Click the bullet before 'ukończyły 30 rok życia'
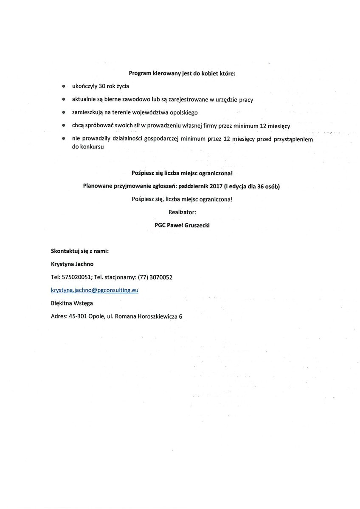coord(63,87)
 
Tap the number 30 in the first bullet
coord(102,86)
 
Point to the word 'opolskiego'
coord(184,113)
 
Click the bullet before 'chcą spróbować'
coord(63,126)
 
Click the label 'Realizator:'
coord(182,212)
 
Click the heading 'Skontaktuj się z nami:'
coord(80,251)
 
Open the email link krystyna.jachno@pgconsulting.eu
coord(95,290)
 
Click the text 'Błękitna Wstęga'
coord(72,303)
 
